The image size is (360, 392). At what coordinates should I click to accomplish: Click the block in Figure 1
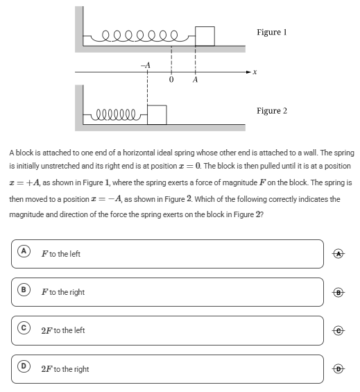[x=205, y=36]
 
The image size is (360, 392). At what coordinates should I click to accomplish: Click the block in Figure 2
[x=157, y=114]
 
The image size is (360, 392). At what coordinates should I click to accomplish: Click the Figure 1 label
[x=272, y=32]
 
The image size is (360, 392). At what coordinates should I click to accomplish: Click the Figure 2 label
[x=272, y=111]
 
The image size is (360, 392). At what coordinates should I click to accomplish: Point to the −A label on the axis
[x=146, y=65]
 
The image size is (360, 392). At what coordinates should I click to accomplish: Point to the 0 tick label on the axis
[x=171, y=80]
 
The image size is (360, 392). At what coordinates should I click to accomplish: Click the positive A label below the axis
[x=195, y=80]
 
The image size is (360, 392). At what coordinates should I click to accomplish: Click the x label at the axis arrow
[x=255, y=72]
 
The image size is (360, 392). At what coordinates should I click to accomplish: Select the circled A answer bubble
[x=24, y=250]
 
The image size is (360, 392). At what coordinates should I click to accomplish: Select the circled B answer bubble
[x=24, y=289]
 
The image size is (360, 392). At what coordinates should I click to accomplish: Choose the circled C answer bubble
[x=24, y=327]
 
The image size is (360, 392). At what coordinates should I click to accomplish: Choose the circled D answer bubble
[x=24, y=366]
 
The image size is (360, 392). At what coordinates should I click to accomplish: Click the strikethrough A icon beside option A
[x=338, y=254]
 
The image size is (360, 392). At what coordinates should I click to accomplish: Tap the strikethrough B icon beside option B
[x=338, y=292]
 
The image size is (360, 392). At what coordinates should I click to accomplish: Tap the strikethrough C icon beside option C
[x=338, y=330]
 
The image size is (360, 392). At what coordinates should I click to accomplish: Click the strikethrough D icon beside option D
[x=338, y=368]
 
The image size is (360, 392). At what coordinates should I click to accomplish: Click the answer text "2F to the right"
[x=65, y=369]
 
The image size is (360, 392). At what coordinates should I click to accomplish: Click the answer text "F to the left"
[x=61, y=254]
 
